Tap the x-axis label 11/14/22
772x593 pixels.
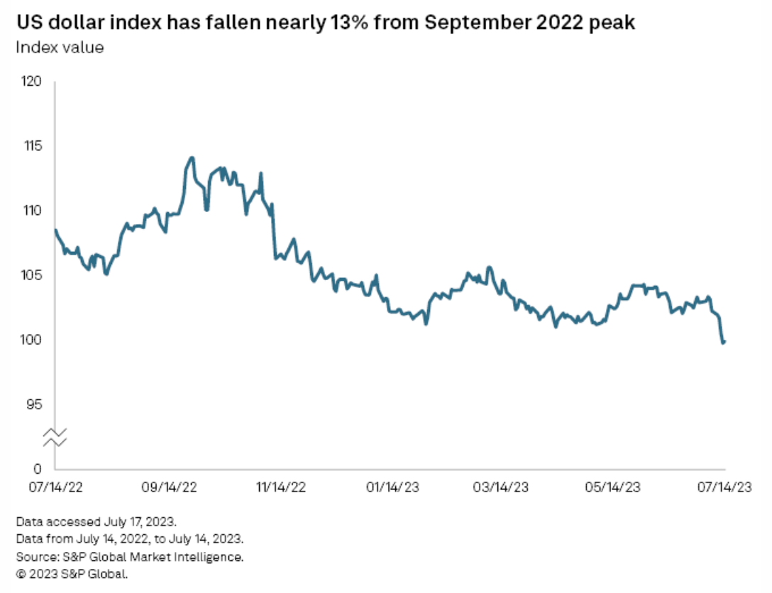pyautogui.click(x=280, y=487)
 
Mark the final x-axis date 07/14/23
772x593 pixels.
pyautogui.click(x=724, y=487)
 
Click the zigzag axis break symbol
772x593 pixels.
pyautogui.click(x=57, y=438)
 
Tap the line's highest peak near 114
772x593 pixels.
pyautogui.click(x=192, y=157)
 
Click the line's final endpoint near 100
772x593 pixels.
pyautogui.click(x=724, y=342)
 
